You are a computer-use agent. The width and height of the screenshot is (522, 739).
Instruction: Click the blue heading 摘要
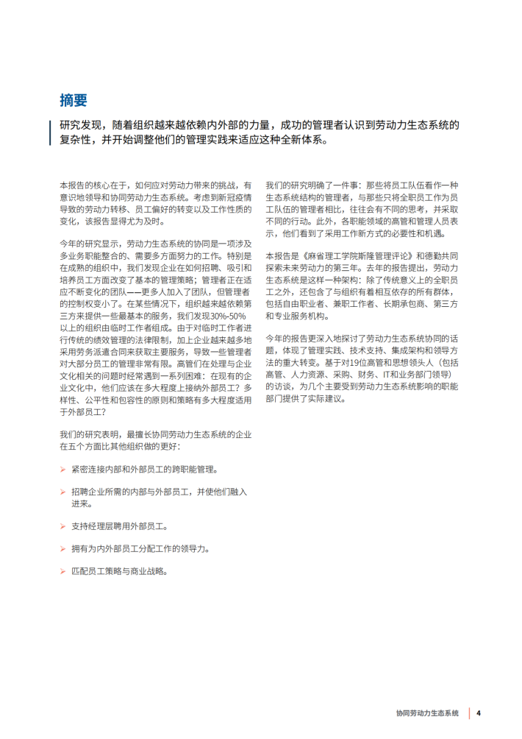(x=74, y=100)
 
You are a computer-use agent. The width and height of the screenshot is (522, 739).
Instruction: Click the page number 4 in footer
(x=479, y=713)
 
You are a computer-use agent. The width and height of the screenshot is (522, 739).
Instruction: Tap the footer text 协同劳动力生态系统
(x=426, y=713)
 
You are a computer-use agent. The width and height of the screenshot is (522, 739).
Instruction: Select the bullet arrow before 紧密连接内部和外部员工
(x=62, y=470)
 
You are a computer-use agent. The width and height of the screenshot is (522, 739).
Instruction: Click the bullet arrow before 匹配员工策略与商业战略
(x=62, y=571)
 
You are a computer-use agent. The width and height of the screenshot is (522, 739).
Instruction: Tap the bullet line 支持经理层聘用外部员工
(x=120, y=527)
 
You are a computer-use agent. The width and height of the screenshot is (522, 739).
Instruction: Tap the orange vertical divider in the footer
(x=468, y=713)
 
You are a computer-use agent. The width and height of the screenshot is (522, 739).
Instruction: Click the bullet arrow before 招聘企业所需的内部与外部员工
(x=62, y=492)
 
